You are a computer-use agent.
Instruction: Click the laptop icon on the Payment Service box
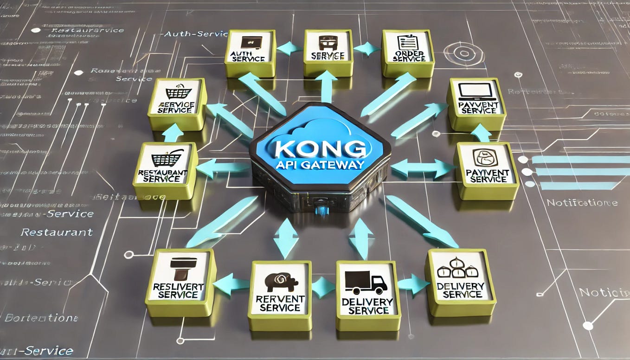(476, 92)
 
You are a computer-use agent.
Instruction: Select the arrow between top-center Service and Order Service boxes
(367, 48)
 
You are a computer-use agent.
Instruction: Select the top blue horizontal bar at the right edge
(580, 160)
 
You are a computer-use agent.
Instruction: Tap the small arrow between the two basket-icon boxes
(172, 133)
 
